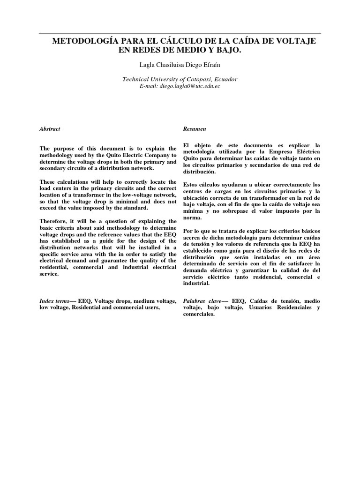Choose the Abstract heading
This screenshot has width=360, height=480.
click(50, 128)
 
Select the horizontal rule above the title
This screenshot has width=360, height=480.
click(180, 33)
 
